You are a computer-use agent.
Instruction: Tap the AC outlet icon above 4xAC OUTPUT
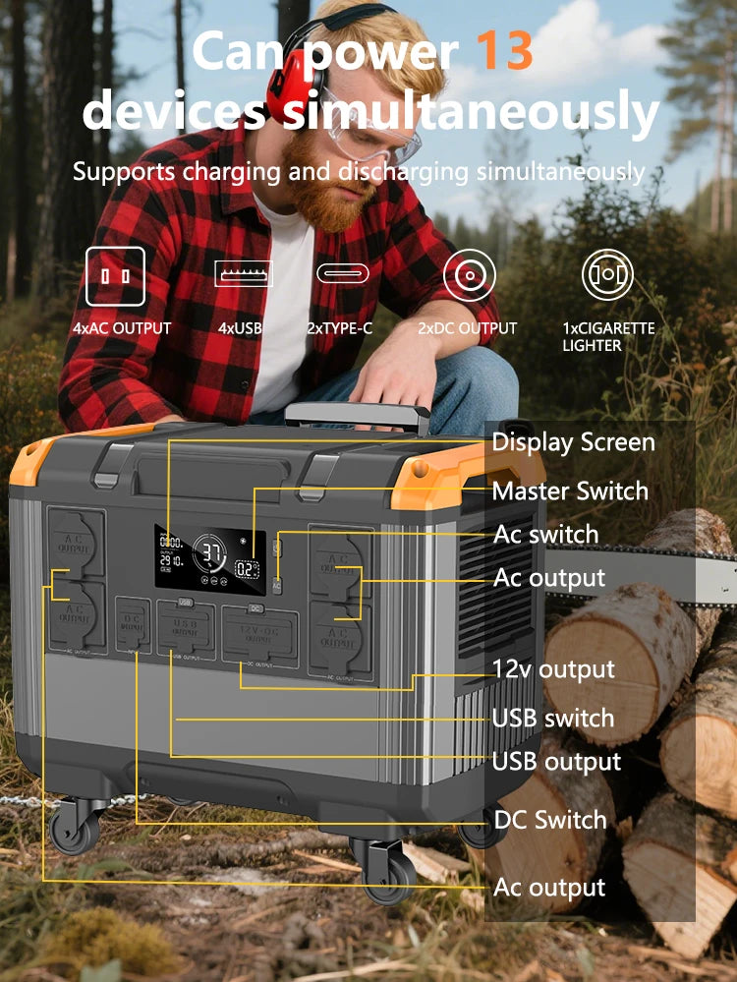tap(115, 276)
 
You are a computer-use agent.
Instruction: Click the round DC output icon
tap(469, 276)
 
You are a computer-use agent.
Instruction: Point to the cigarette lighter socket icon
tap(607, 276)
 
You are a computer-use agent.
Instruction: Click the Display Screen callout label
tap(573, 442)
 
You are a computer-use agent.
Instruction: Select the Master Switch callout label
tap(570, 491)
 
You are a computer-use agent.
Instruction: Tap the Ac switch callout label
tap(545, 535)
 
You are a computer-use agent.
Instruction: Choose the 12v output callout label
tap(553, 670)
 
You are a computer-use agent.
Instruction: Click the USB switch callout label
tap(552, 719)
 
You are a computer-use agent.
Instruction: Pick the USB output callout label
tap(556, 762)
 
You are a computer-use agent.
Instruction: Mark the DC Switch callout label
tap(549, 820)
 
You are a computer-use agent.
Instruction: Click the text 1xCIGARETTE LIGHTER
tap(607, 337)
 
